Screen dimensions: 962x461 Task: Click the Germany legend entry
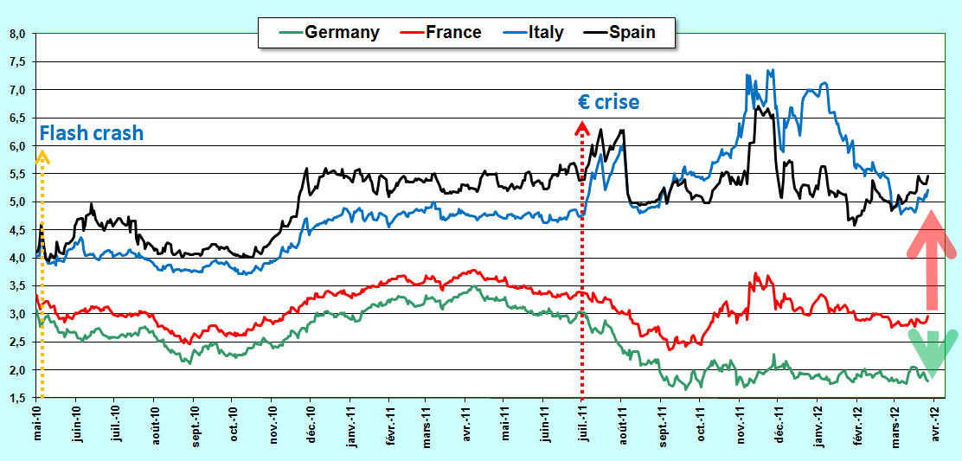coord(328,32)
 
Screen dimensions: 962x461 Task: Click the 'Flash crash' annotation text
coord(92,133)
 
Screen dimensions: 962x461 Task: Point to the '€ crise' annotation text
coord(609,101)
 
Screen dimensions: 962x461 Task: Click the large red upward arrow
coord(932,259)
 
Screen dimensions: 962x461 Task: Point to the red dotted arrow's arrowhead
coord(581,127)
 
